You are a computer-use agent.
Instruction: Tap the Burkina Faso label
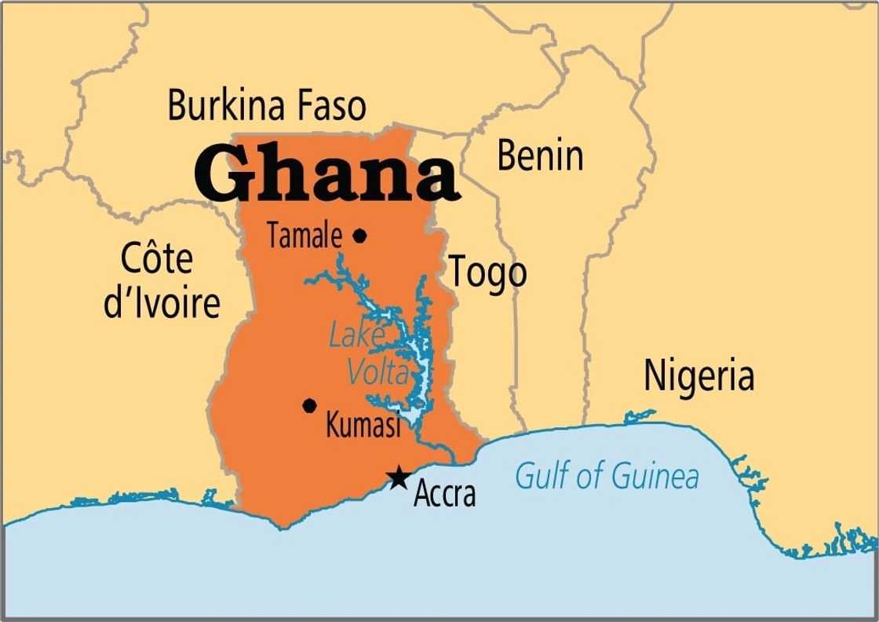[x=267, y=105]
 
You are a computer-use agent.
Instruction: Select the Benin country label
[x=540, y=156]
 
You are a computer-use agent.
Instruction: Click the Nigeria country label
[x=698, y=375]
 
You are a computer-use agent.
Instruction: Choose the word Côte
[x=156, y=258]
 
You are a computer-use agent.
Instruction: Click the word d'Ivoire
[x=162, y=302]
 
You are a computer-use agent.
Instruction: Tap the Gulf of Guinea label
[x=606, y=476]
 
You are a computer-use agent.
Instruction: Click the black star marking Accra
[x=399, y=476]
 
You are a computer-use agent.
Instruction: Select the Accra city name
[x=444, y=495]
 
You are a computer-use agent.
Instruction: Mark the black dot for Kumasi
[x=309, y=405]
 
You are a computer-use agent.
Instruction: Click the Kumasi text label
[x=363, y=426]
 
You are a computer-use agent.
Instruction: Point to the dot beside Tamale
[x=359, y=235]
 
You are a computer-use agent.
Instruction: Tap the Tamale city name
[x=305, y=236]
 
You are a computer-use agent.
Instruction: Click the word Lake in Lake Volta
[x=355, y=336]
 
